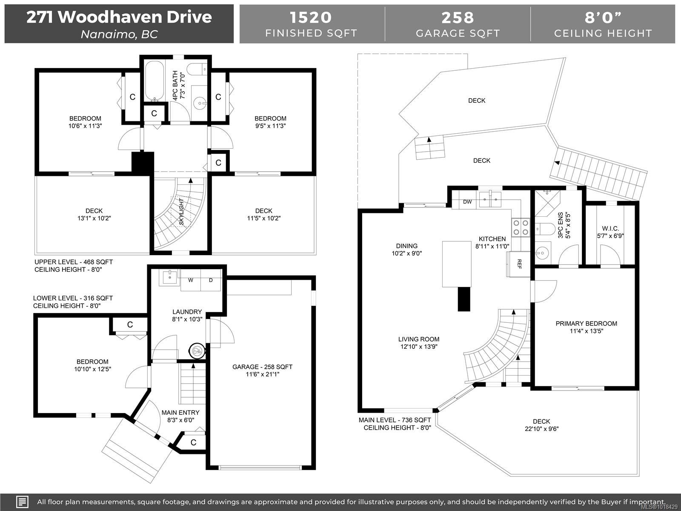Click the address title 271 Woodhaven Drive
tap(119, 17)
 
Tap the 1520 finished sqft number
tap(311, 17)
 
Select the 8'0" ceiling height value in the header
tap(603, 17)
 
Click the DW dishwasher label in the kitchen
tap(467, 202)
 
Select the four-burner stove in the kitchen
tap(521, 227)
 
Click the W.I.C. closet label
tap(610, 229)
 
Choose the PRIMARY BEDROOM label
tap(586, 324)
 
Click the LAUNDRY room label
tap(187, 312)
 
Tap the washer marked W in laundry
tap(191, 280)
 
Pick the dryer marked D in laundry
tap(211, 280)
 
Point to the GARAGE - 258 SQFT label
tap(262, 367)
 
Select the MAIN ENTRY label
tap(180, 412)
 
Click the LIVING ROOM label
tap(419, 339)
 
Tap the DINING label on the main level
tap(407, 246)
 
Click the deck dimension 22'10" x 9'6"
tap(541, 429)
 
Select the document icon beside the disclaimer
tap(23, 502)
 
